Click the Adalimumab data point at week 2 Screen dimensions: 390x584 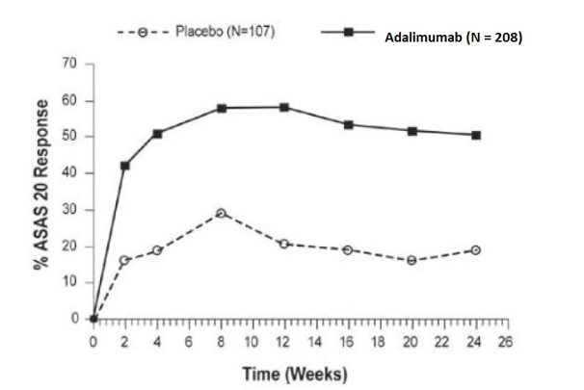click(125, 166)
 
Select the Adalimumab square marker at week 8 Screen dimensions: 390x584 click(222, 108)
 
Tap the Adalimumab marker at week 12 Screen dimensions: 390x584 click(284, 107)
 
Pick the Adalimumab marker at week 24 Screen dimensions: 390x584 click(476, 135)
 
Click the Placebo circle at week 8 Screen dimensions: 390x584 click(222, 213)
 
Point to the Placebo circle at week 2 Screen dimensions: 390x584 click(125, 260)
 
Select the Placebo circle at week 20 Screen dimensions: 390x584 click(412, 260)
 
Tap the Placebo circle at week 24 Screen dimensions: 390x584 click(476, 249)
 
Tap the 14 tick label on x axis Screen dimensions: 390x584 click(316, 341)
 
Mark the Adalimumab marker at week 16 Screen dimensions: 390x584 click(349, 124)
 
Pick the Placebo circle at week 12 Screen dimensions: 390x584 click(284, 244)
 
